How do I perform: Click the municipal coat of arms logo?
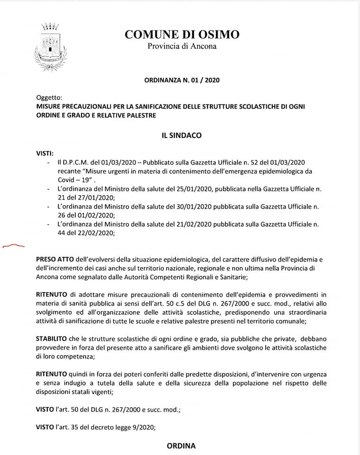49,46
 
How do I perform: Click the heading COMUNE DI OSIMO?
182,34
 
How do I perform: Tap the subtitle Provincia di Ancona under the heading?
182,46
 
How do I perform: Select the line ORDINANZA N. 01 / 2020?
182,81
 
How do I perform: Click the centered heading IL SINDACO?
182,136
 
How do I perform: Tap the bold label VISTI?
45,154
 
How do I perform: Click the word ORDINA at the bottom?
181,446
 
